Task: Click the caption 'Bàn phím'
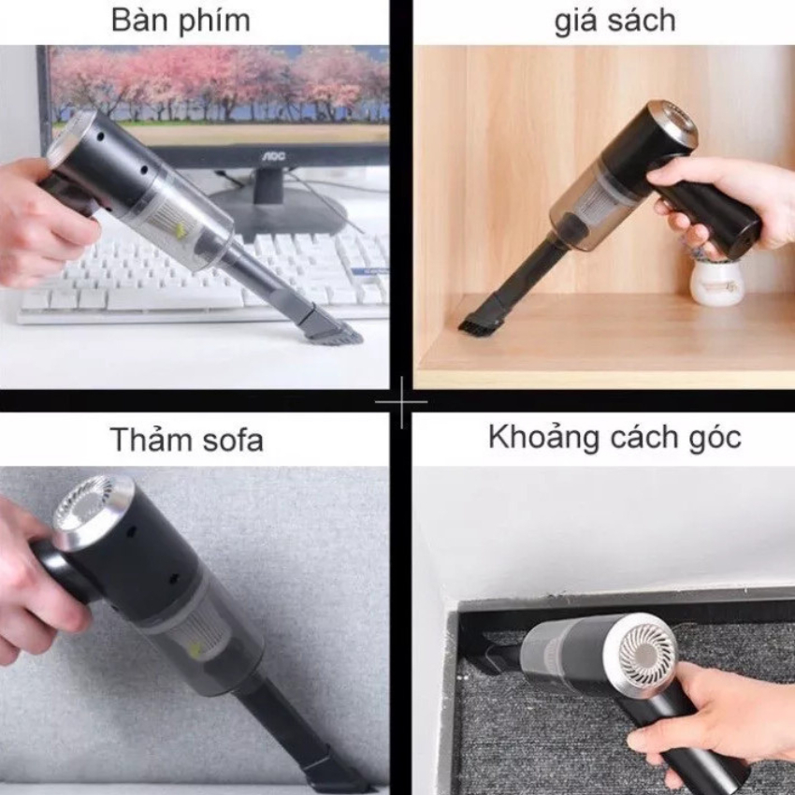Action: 181,20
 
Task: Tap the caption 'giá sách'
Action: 614,21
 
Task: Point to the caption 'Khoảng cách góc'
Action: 614,436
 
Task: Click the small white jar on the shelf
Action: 717,282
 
